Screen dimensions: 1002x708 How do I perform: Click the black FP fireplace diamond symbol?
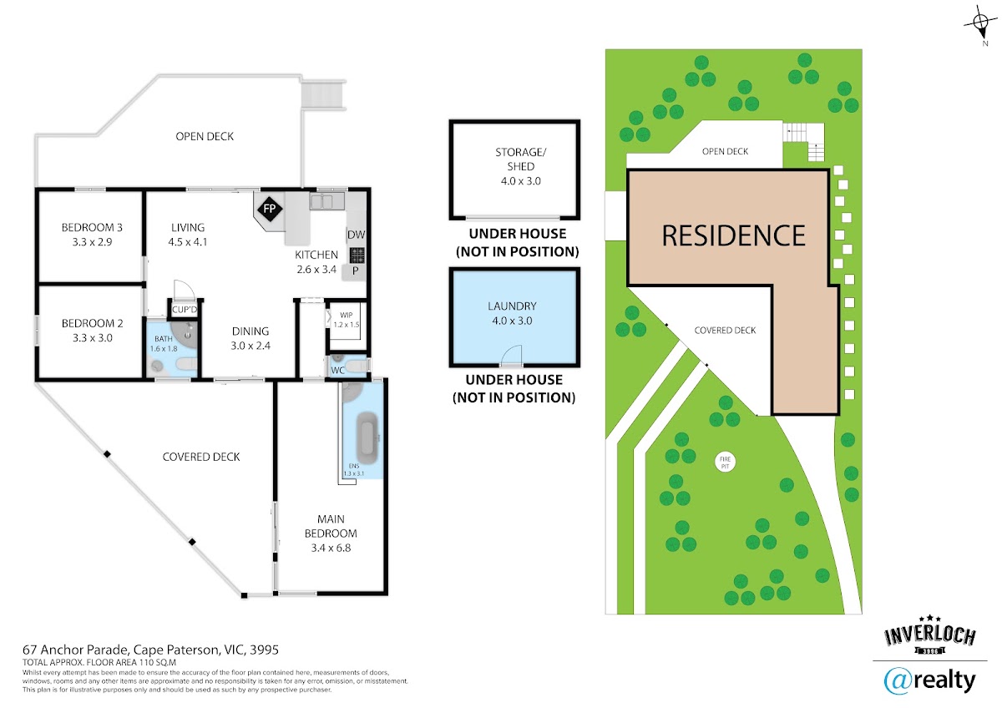[x=269, y=209]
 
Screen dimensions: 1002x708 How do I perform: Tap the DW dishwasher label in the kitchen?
[x=356, y=235]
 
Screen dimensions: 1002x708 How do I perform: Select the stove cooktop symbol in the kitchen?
[x=357, y=255]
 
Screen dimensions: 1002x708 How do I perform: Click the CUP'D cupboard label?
[x=185, y=310]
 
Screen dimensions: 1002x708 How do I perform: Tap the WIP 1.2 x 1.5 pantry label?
[x=347, y=320]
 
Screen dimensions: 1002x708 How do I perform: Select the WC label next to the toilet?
[x=337, y=371]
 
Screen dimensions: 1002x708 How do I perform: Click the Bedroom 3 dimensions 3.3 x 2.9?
[x=92, y=242]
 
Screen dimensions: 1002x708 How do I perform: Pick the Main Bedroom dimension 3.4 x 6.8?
[x=331, y=548]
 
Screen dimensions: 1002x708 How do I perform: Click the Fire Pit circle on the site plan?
[x=725, y=463]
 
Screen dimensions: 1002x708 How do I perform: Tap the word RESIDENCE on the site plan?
[x=734, y=235]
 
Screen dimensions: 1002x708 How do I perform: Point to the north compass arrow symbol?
[x=980, y=23]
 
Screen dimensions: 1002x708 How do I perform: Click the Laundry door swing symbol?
[x=511, y=355]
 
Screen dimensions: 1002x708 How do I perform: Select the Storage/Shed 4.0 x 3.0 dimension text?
[x=521, y=181]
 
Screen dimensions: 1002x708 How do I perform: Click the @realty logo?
[x=929, y=681]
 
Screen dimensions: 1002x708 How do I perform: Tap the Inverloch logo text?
[x=930, y=636]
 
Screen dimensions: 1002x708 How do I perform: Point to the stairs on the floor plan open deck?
[x=323, y=94]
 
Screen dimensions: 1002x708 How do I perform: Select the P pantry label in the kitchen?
[x=355, y=271]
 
